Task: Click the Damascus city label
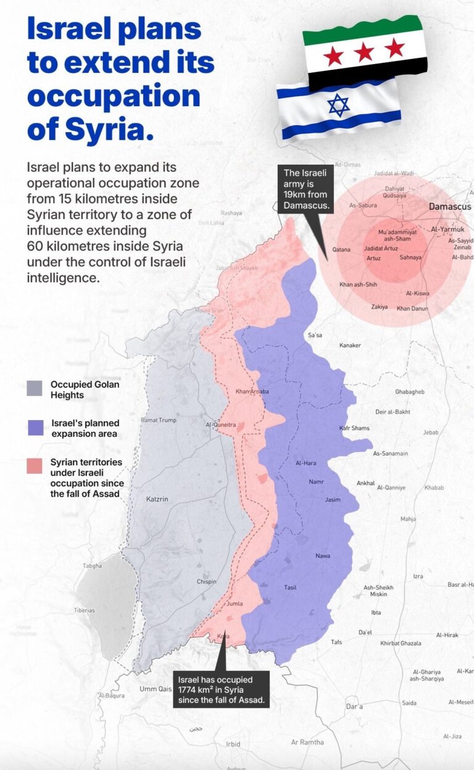point(449,206)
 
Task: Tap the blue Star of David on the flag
point(338,106)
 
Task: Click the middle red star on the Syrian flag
point(364,52)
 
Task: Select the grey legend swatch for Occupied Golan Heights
point(35,388)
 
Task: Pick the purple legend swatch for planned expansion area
point(35,428)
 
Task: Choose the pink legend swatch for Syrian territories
point(35,466)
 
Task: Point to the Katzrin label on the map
point(157,499)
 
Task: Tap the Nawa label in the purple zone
point(323,556)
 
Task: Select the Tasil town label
point(290,587)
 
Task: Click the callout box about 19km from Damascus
point(306,189)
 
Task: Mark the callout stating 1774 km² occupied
point(221,690)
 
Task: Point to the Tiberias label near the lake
point(85,610)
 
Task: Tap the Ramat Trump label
point(159,420)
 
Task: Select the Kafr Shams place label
point(354,428)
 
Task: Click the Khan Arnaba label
point(250,392)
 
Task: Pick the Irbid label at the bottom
point(233,744)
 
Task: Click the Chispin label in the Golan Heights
point(206,581)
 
